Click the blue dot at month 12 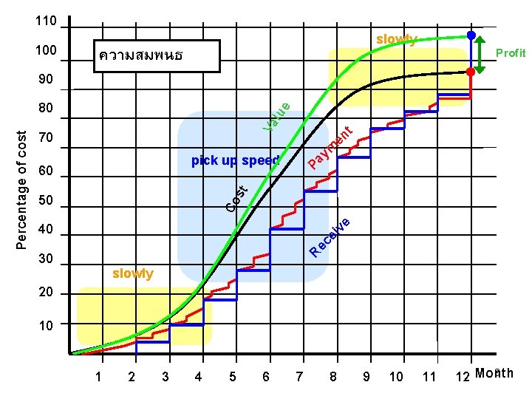tap(471, 35)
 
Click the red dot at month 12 tap(471, 72)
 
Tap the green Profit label tap(511, 53)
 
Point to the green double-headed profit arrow tap(480, 55)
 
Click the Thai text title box tap(157, 56)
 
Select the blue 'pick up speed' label tap(236, 160)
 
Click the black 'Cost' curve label tap(237, 199)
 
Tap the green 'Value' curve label tap(276, 117)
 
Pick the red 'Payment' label tap(330, 147)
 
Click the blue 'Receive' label tap(330, 237)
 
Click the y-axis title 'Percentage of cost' tap(21, 190)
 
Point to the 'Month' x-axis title tap(494, 373)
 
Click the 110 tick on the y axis tap(46, 21)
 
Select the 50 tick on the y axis tap(46, 199)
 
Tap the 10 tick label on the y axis tap(46, 326)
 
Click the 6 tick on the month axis tap(266, 376)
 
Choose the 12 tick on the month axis tap(463, 376)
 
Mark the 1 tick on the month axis tap(98, 376)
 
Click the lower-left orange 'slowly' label tap(133, 273)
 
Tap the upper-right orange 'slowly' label tap(396, 39)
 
